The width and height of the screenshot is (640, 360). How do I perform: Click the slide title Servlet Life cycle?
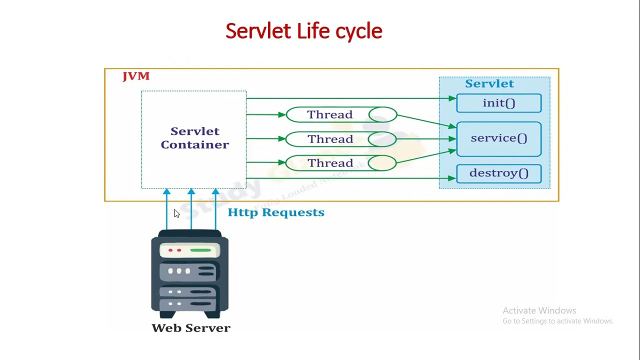pos(303,31)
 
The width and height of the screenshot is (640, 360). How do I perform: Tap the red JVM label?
pos(136,76)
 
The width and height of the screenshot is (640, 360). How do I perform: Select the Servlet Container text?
pos(194,138)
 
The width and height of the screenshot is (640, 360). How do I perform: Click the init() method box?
pos(498,103)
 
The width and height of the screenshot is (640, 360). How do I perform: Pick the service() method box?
pos(498,138)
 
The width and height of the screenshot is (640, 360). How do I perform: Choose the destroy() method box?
pos(498,173)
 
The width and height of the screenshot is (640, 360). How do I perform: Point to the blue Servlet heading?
pos(489,83)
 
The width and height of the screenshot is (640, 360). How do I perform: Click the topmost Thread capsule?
pos(341,115)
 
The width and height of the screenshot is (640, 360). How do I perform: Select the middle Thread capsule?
pos(341,139)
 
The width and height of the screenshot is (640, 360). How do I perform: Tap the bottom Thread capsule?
pos(341,163)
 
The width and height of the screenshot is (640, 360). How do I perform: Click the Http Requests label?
pos(275,212)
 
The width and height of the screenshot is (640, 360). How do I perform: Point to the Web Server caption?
pos(190,328)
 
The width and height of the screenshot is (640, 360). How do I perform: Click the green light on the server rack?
pos(200,250)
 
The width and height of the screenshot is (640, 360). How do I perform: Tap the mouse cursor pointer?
pos(176,213)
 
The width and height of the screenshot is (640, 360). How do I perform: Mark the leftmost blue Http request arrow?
pos(166,210)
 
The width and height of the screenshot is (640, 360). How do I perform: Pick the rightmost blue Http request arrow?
pos(215,210)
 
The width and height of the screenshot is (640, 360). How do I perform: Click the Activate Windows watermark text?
pos(539,310)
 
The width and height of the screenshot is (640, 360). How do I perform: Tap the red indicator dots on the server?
pos(174,250)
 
